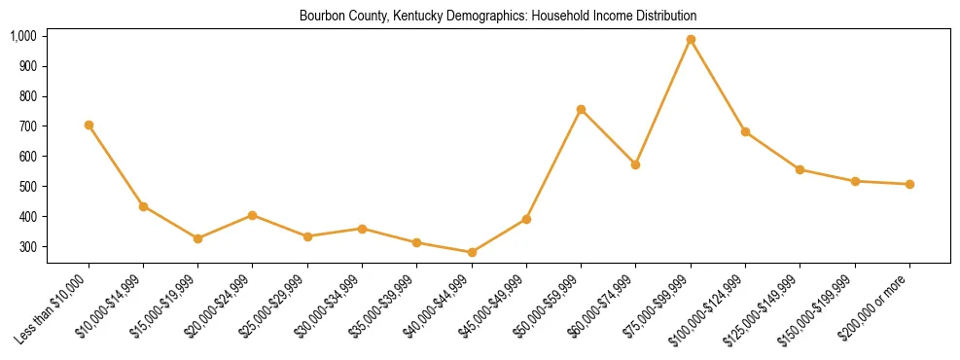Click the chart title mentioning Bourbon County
(497, 17)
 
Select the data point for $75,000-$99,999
(691, 40)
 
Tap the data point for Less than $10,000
(89, 125)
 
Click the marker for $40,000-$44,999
(472, 253)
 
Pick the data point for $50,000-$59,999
(581, 110)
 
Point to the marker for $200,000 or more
(909, 184)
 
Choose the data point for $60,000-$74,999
(635, 164)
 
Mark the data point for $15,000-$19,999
(197, 238)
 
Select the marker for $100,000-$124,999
(745, 131)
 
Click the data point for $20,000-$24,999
(253, 215)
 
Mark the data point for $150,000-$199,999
(855, 181)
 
